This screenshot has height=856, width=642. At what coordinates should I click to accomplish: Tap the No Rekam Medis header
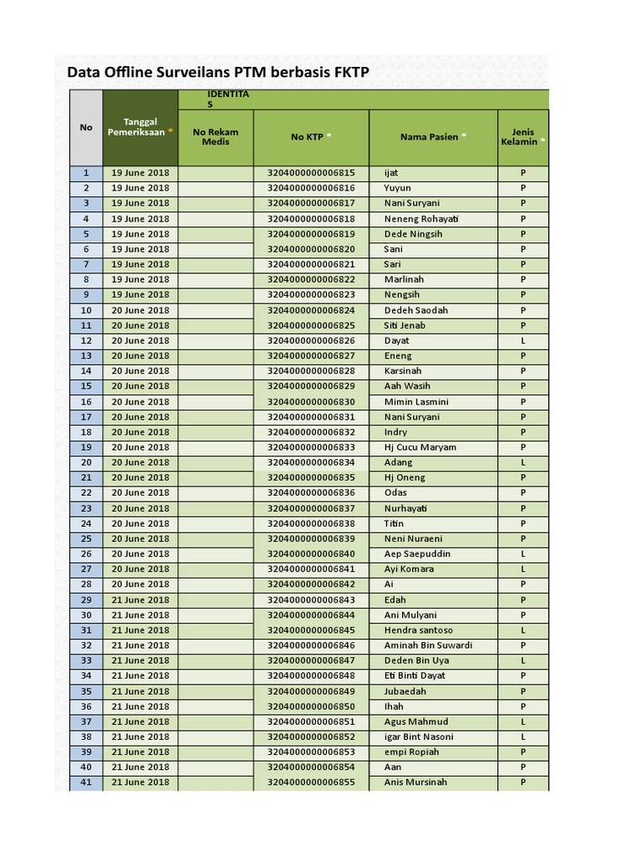point(215,136)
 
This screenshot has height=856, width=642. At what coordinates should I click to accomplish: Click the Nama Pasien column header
point(433,136)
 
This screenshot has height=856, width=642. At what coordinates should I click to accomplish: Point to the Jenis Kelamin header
point(522,136)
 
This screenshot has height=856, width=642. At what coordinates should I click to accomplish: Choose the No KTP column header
point(311,136)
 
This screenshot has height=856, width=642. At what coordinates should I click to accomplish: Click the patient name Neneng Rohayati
point(421,219)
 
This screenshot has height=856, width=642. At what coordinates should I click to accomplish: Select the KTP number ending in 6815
point(311,173)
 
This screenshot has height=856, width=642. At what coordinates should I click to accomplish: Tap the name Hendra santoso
point(418,630)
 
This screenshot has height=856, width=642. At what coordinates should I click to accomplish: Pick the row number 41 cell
point(86,782)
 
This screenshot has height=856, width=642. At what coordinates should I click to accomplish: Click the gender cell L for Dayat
point(523,341)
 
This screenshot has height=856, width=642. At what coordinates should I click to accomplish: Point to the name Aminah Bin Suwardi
point(428,645)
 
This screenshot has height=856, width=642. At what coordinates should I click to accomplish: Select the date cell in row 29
point(140,600)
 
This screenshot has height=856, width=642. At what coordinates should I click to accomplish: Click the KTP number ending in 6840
point(311,554)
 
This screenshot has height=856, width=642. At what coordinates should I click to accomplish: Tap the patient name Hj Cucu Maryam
point(420,447)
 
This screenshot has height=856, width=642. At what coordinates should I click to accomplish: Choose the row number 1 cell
point(86,173)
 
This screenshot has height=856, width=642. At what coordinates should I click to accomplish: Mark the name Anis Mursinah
point(415,782)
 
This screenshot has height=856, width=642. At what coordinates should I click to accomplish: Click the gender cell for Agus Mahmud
point(523,721)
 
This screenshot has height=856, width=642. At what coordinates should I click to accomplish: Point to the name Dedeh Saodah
point(416,310)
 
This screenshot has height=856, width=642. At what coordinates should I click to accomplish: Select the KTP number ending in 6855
point(311,782)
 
